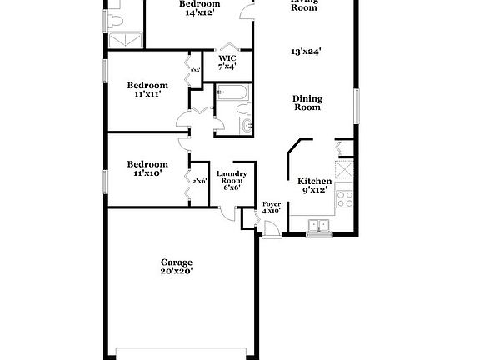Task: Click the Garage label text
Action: tap(177, 262)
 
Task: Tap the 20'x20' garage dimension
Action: tap(177, 271)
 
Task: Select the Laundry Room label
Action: tap(229, 177)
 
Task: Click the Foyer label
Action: tap(272, 203)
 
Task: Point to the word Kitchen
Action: tap(315, 181)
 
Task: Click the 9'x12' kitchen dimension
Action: tap(315, 190)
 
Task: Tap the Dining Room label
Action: tap(307, 102)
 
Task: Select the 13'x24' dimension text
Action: tap(307, 52)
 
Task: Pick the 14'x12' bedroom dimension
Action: tap(200, 13)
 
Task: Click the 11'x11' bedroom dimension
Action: tap(147, 94)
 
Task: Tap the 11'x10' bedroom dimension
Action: tap(147, 173)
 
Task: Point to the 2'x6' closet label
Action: tap(199, 181)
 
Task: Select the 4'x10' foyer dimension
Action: tap(272, 212)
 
